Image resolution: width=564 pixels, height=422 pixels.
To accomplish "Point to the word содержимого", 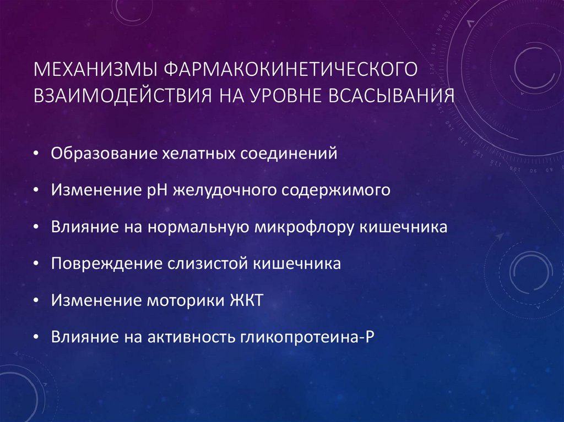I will (339, 190).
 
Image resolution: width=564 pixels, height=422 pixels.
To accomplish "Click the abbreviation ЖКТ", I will (246, 300).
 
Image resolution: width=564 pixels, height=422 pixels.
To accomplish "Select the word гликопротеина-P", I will (307, 337).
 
